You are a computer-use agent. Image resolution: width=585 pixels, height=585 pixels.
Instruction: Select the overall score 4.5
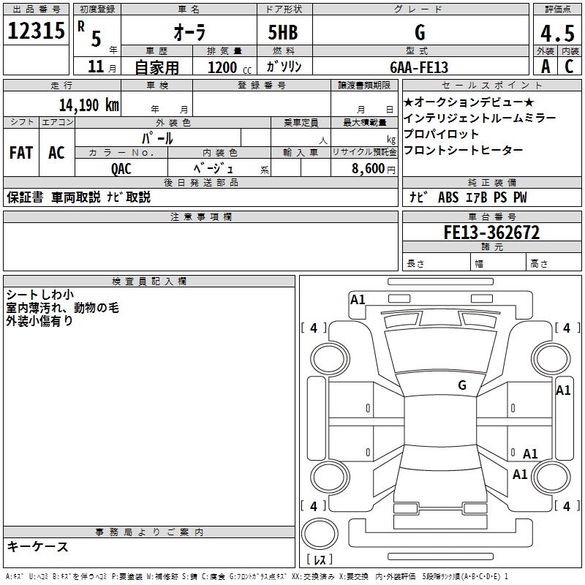(x=556, y=33)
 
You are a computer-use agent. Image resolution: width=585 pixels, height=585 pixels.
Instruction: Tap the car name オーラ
(x=189, y=33)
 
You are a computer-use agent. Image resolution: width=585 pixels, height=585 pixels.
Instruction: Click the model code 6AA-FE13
(x=419, y=67)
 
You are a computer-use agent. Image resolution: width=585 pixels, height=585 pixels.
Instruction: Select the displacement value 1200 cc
(x=226, y=67)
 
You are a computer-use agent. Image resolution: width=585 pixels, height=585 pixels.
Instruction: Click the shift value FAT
(x=21, y=153)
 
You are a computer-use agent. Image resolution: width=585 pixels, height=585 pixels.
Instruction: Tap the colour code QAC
(x=121, y=168)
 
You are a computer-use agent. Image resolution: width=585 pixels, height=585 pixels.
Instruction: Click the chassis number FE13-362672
(x=491, y=233)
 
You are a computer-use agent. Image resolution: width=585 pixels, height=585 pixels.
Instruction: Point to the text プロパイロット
(x=441, y=134)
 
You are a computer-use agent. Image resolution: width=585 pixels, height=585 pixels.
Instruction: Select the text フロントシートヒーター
(x=463, y=150)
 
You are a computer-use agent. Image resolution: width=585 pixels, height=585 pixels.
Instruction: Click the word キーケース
(x=38, y=546)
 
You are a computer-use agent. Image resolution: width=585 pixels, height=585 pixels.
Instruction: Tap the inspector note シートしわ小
(x=39, y=295)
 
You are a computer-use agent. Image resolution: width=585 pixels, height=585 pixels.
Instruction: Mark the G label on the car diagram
(x=462, y=385)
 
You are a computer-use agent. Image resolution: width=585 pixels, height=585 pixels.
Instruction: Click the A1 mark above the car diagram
(x=358, y=299)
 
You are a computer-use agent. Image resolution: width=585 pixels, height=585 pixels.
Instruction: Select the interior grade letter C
(x=568, y=67)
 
